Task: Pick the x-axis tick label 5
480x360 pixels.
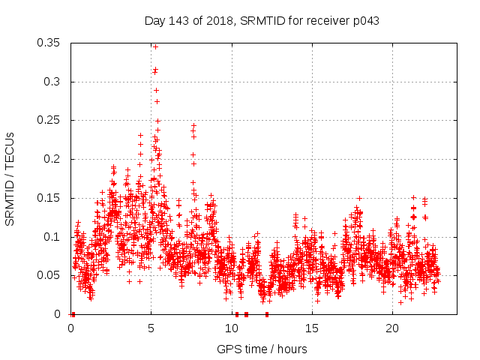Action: [151, 328]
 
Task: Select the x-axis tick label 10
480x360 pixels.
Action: [232, 328]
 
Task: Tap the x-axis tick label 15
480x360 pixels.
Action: [312, 328]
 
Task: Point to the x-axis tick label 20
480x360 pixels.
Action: [392, 328]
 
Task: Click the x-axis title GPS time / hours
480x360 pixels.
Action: [262, 349]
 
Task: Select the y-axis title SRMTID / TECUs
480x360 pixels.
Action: [10, 178]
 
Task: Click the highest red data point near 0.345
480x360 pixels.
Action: [155, 46]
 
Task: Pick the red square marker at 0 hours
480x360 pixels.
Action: [73, 314]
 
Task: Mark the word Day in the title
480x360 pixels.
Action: [154, 21]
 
